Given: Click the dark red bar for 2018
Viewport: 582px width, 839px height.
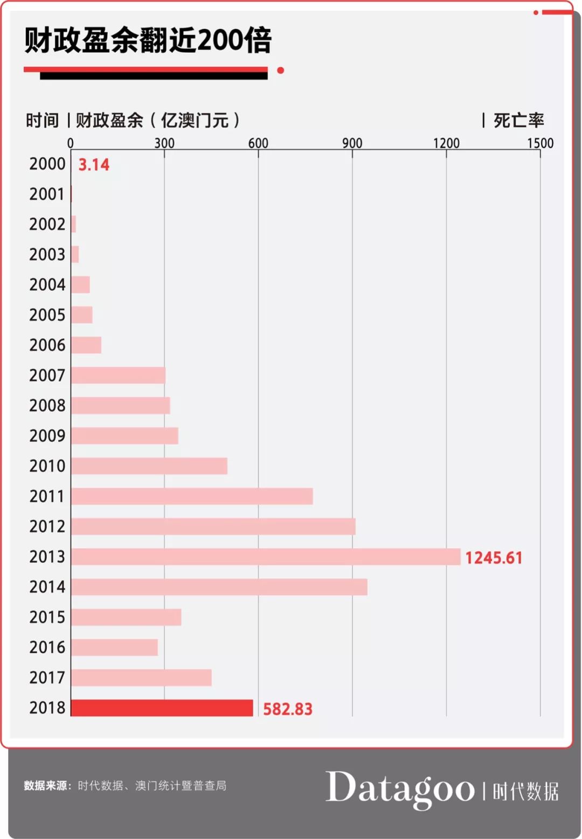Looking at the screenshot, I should coord(162,708).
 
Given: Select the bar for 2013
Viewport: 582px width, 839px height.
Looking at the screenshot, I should coord(266,557).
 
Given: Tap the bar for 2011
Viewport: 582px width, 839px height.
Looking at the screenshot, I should coord(192,496).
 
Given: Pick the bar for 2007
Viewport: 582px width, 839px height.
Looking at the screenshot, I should coord(118,375).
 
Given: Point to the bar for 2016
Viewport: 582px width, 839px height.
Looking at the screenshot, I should coord(114,647).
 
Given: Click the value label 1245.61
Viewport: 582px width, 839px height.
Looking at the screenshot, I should coord(494,557).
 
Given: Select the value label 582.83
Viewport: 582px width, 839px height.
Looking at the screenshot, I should coord(287,709).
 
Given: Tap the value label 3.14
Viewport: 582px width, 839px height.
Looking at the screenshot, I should coord(94,164).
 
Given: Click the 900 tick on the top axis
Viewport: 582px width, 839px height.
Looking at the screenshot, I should coord(352,143).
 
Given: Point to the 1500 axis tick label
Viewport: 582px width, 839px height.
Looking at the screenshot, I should coord(540,143).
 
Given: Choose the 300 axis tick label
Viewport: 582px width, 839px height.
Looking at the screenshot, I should coord(164,143).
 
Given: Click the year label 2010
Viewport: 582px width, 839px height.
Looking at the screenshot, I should coord(47,466).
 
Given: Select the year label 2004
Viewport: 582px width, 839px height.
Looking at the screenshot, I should coord(47,284).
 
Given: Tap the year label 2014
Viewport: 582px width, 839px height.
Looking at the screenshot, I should coord(47,586).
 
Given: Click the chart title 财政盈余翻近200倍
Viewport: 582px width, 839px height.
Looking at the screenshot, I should coord(148,40).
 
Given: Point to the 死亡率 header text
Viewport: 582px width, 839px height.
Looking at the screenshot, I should coord(518,120).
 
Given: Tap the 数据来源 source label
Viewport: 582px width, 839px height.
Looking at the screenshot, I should coord(46,786).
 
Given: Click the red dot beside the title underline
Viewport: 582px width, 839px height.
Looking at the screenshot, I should coord(280,71).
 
